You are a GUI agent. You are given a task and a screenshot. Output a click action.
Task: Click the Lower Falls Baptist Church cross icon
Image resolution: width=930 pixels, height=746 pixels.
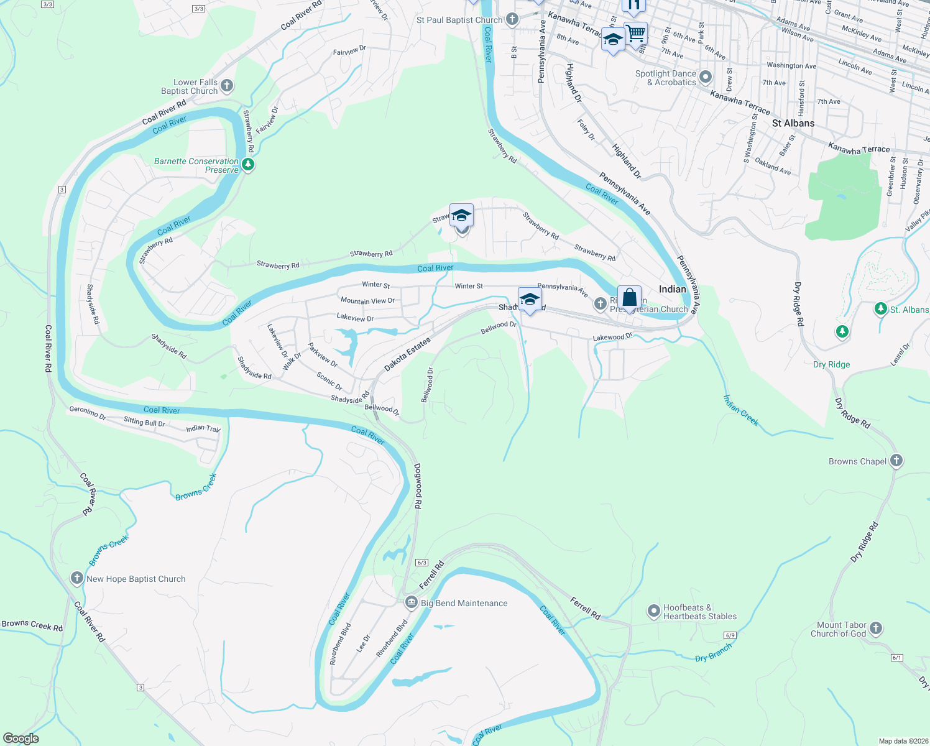tap(227, 86)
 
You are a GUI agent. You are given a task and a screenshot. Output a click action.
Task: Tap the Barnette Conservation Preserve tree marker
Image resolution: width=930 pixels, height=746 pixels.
tap(248, 165)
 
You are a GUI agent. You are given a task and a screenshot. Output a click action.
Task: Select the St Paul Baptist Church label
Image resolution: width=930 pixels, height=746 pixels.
tap(459, 20)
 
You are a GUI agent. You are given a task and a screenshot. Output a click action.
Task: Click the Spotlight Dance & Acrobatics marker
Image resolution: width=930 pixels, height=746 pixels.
tap(705, 77)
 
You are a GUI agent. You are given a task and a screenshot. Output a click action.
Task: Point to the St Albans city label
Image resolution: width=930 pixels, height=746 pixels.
tap(793, 123)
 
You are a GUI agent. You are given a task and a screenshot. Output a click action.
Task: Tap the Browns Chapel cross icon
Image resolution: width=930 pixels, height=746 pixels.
tap(896, 461)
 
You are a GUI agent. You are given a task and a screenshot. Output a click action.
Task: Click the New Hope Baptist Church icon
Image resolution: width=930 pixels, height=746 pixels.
tap(76, 578)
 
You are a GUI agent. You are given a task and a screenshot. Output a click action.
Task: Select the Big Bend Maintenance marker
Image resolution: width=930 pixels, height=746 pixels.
tap(411, 602)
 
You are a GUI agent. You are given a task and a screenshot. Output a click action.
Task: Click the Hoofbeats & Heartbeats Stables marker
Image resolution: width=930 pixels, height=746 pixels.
tap(653, 611)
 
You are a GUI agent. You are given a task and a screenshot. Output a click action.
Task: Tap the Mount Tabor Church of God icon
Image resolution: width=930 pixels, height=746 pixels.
tap(876, 629)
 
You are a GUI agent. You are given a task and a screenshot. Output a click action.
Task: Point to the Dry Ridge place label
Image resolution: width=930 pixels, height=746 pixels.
tap(831, 364)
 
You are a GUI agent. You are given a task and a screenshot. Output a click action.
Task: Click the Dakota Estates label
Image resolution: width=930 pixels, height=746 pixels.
tap(407, 354)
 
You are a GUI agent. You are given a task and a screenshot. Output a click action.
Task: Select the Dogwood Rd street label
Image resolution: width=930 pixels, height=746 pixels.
tap(418, 487)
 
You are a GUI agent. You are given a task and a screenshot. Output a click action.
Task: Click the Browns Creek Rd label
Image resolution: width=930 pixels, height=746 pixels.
tap(32, 625)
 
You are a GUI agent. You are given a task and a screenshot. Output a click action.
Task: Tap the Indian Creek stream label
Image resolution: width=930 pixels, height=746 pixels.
tap(741, 410)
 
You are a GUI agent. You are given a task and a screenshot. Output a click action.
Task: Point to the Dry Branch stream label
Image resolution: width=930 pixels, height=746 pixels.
tap(713, 653)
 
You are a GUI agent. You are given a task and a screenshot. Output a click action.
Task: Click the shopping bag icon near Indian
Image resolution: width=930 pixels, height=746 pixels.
tap(629, 297)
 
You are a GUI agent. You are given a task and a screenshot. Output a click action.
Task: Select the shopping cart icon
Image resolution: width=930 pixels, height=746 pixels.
tap(635, 33)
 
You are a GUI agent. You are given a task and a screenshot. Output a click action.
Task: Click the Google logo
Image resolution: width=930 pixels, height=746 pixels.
tap(21, 739)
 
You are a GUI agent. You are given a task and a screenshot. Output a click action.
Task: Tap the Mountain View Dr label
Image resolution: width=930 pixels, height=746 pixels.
tap(367, 301)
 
